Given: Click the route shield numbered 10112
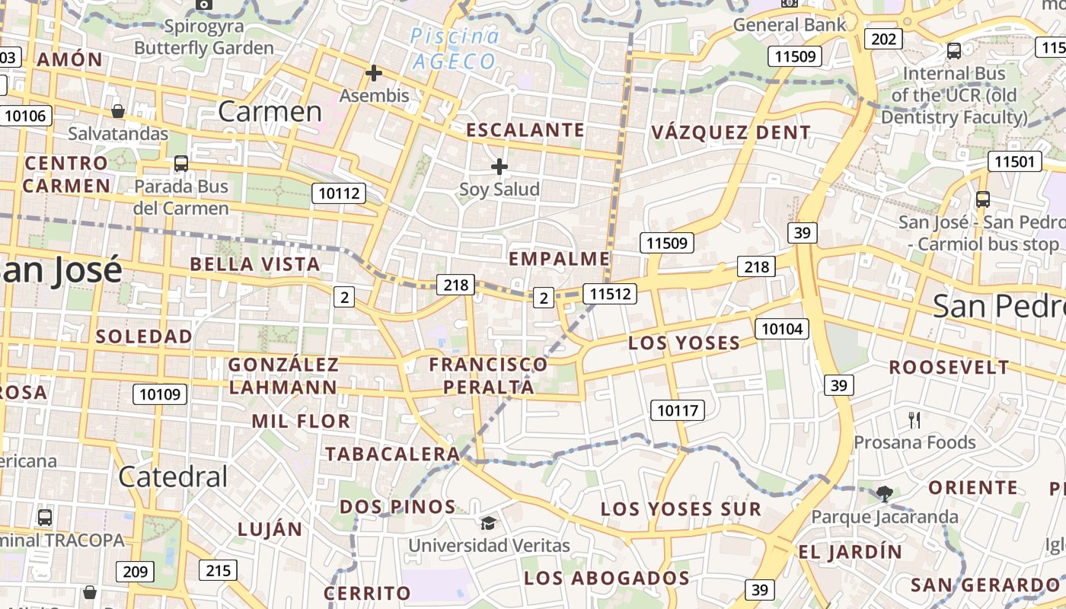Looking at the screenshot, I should click(x=339, y=193).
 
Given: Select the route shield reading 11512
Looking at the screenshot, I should click(x=609, y=293).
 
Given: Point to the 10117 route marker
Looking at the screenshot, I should click(x=677, y=410).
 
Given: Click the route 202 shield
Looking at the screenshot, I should click(x=884, y=38).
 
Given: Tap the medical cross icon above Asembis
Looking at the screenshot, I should click(x=374, y=73).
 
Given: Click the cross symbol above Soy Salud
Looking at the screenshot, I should click(x=499, y=166).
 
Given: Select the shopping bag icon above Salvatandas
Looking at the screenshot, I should click(x=118, y=111).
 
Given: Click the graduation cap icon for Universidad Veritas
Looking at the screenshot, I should click(x=488, y=523).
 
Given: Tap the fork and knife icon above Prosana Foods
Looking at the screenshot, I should click(x=914, y=419).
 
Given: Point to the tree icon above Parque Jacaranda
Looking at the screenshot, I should click(x=884, y=494).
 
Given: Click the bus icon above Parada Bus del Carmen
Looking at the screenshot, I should click(x=181, y=163).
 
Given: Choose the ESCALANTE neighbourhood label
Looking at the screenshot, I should click(x=525, y=130).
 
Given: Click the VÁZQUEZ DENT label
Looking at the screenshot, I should click(x=731, y=132).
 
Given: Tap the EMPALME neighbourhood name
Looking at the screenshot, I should click(x=560, y=259).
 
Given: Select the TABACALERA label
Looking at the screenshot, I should click(x=393, y=454).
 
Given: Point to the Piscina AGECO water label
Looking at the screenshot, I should click(x=455, y=49).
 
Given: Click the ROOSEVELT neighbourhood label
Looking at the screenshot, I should click(x=949, y=367).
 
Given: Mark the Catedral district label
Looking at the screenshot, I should click(x=173, y=477).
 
